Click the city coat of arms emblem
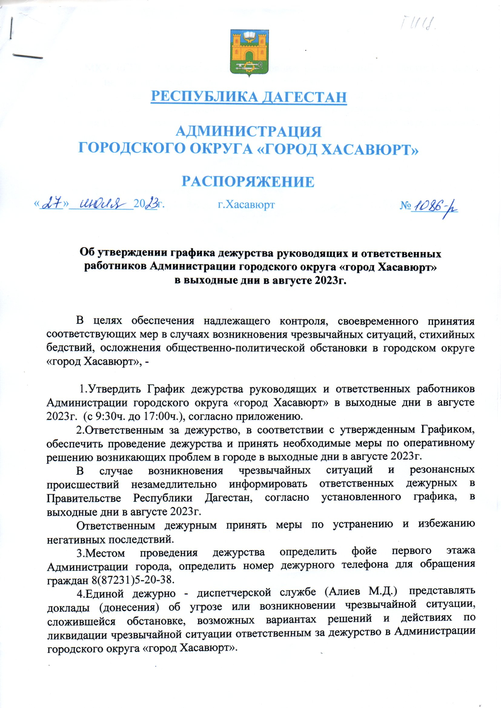[x=250, y=53]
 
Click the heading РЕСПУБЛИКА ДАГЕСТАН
[x=249, y=97]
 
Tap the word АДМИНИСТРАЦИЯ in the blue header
[x=249, y=132]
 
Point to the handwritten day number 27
[x=52, y=203]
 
